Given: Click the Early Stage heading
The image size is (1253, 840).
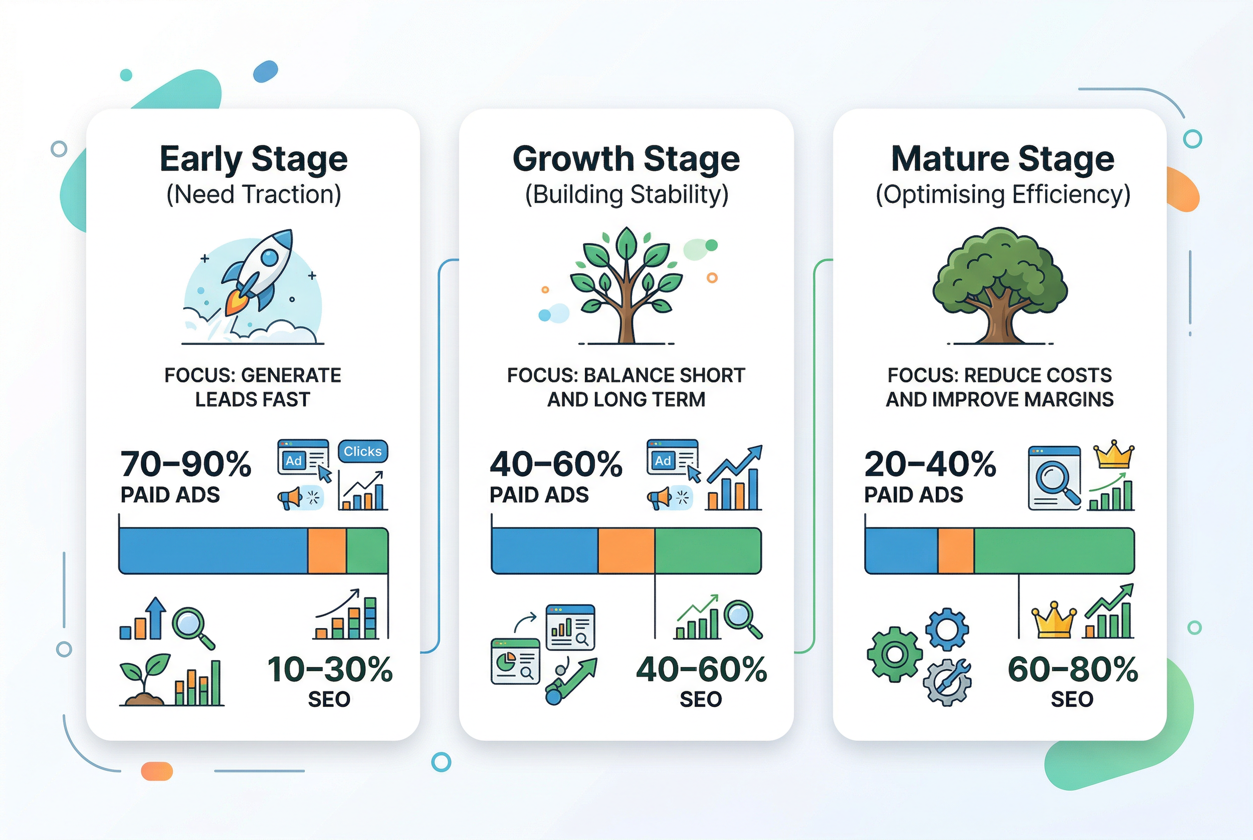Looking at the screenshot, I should [254, 159].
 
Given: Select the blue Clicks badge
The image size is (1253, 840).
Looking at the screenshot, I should [363, 452].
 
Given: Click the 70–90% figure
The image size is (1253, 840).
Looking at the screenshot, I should [185, 464].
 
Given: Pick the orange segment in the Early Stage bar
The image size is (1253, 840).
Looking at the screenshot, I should [327, 550].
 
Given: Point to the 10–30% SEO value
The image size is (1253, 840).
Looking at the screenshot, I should [330, 670].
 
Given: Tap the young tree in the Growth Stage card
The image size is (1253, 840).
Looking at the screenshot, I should [626, 284].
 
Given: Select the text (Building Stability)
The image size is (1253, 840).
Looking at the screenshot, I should [626, 194].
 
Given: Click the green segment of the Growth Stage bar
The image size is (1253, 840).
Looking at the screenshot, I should [707, 550].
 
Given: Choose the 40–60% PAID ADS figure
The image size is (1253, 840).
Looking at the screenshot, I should [556, 464].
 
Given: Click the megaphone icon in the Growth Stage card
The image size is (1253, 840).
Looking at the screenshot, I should [659, 498].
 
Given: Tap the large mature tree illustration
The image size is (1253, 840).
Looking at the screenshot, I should [999, 284].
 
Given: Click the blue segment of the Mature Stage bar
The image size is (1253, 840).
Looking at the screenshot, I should [902, 550].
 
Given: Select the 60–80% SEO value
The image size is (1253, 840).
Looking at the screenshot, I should [1073, 670].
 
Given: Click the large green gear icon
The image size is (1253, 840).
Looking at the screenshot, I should [895, 654].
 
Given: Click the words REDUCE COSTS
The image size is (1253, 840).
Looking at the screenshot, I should [1037, 376].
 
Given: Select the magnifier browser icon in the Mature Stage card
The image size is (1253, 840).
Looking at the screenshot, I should [1054, 477].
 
